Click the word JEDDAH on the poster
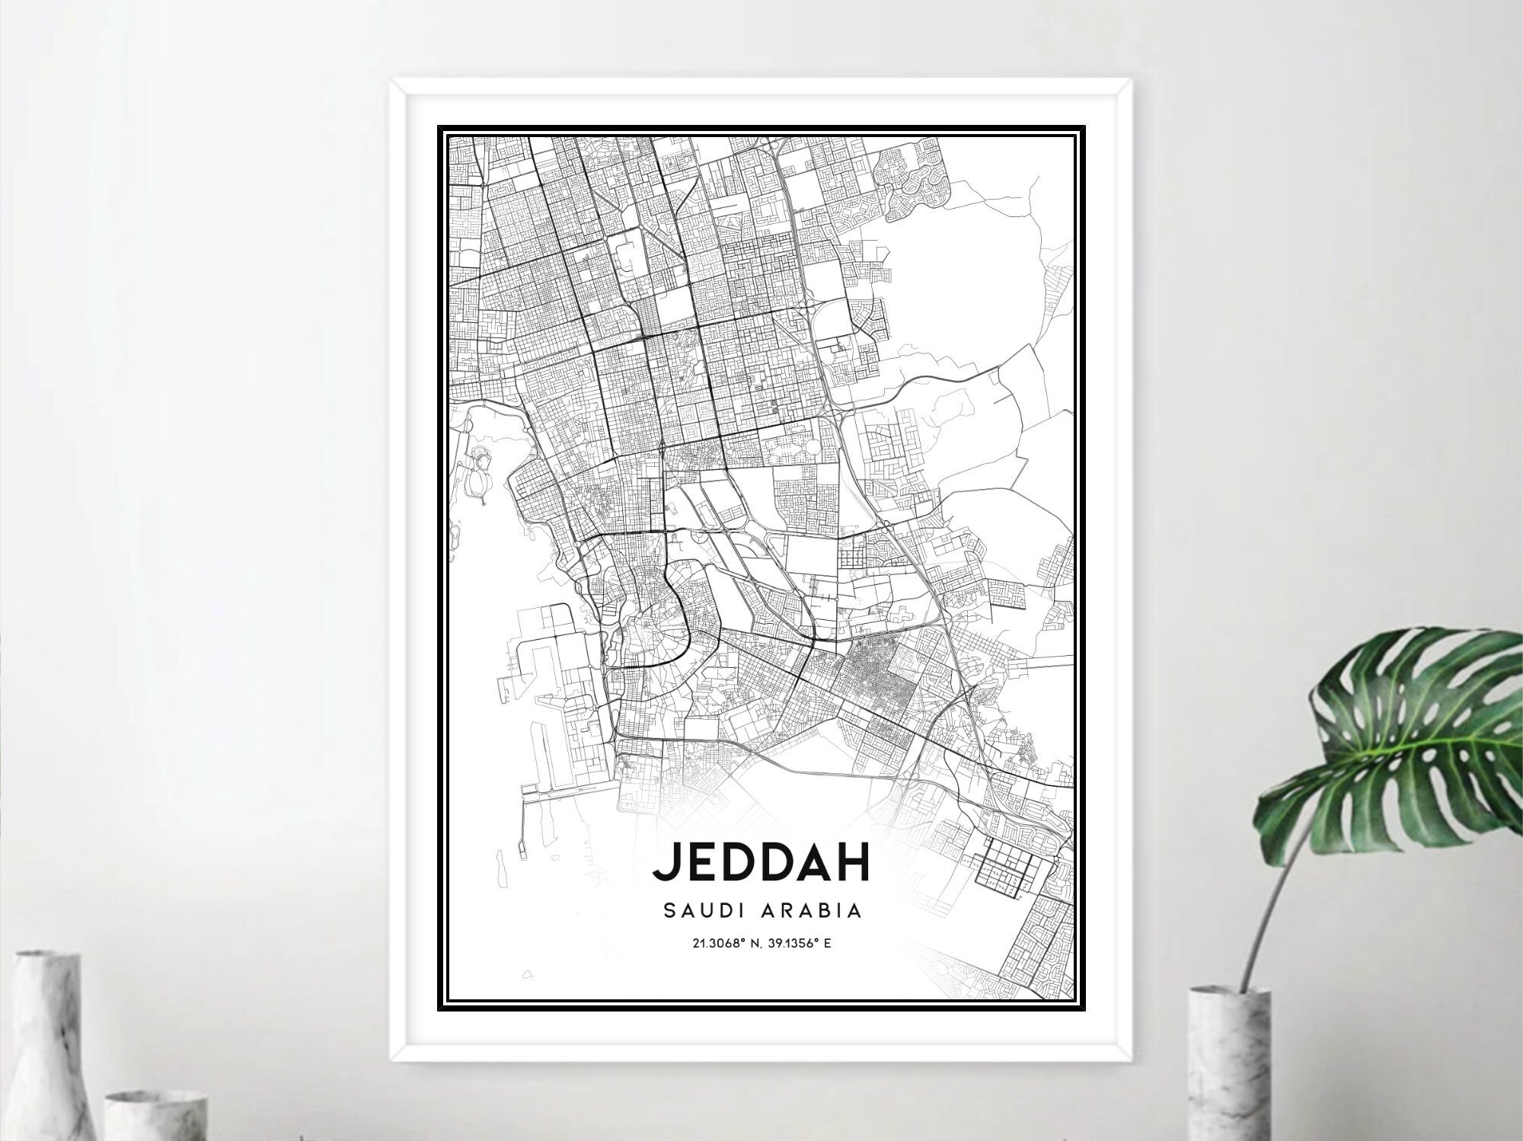(x=761, y=862)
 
